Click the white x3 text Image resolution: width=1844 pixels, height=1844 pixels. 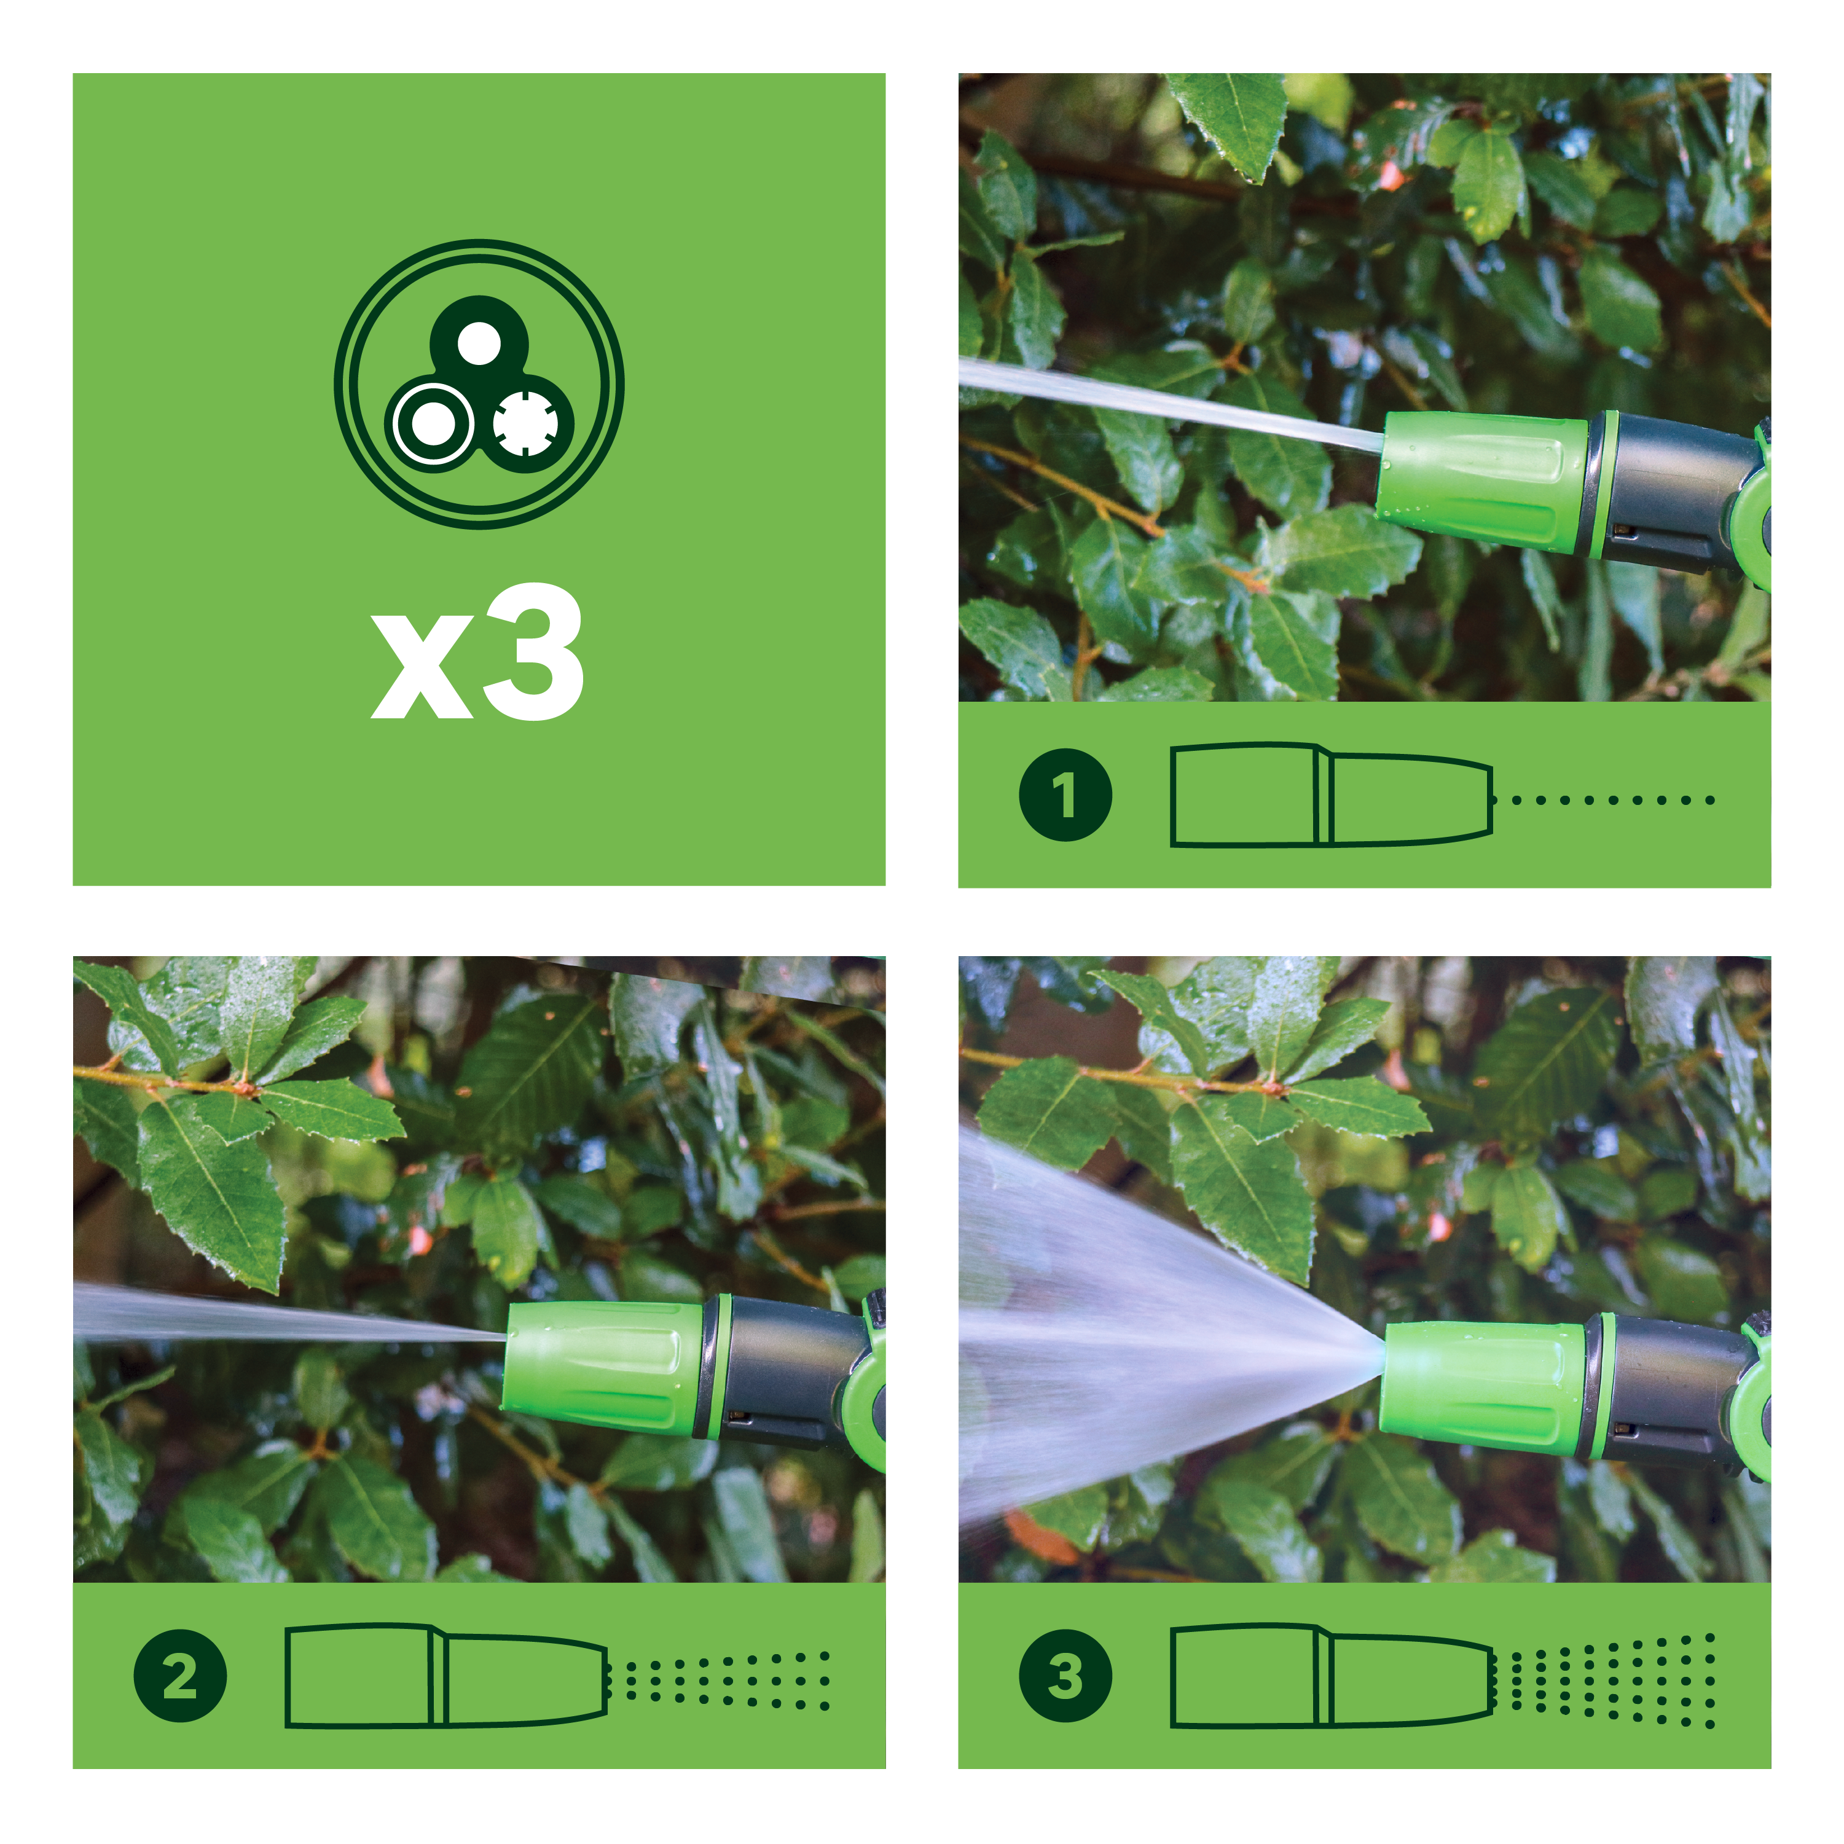477,653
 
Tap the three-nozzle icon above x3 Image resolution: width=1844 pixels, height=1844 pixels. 479,383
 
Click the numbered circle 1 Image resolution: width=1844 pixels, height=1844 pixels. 1065,794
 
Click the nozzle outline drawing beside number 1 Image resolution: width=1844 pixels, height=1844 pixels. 1332,794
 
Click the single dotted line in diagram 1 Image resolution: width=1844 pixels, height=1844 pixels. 1613,800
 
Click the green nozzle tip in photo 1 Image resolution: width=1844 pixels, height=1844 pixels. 1482,482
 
